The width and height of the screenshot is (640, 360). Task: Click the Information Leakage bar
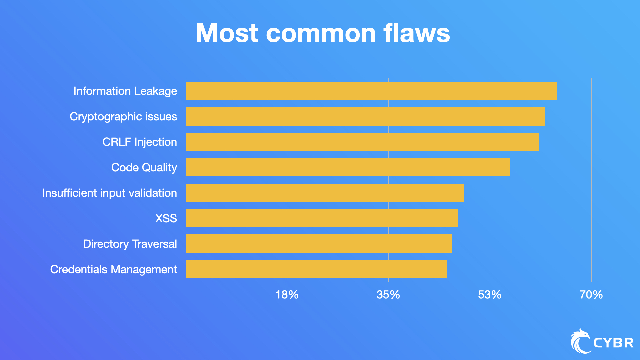click(x=371, y=91)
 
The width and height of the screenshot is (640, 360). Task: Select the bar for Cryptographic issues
click(x=365, y=116)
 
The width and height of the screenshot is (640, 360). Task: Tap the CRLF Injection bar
click(x=362, y=142)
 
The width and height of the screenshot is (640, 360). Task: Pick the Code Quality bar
click(x=348, y=167)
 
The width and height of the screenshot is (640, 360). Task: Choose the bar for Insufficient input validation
click(x=325, y=193)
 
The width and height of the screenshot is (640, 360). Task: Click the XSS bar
click(x=322, y=218)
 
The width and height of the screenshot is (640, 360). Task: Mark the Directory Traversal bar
click(x=319, y=244)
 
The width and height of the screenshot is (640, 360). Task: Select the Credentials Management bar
click(x=316, y=269)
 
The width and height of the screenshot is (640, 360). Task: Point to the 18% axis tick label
click(x=287, y=295)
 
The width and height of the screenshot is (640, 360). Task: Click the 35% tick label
click(x=388, y=295)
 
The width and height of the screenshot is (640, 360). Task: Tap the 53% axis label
click(x=489, y=295)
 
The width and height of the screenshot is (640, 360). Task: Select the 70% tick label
click(x=591, y=295)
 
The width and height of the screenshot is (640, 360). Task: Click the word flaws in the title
click(x=416, y=33)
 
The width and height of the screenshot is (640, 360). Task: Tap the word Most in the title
click(x=227, y=33)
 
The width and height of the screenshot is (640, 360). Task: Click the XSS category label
click(x=166, y=218)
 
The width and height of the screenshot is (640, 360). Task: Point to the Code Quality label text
click(x=144, y=167)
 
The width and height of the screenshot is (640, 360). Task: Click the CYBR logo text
click(x=613, y=343)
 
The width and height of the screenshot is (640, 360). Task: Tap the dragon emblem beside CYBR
click(x=580, y=341)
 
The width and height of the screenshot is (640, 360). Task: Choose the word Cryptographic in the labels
click(x=106, y=117)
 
